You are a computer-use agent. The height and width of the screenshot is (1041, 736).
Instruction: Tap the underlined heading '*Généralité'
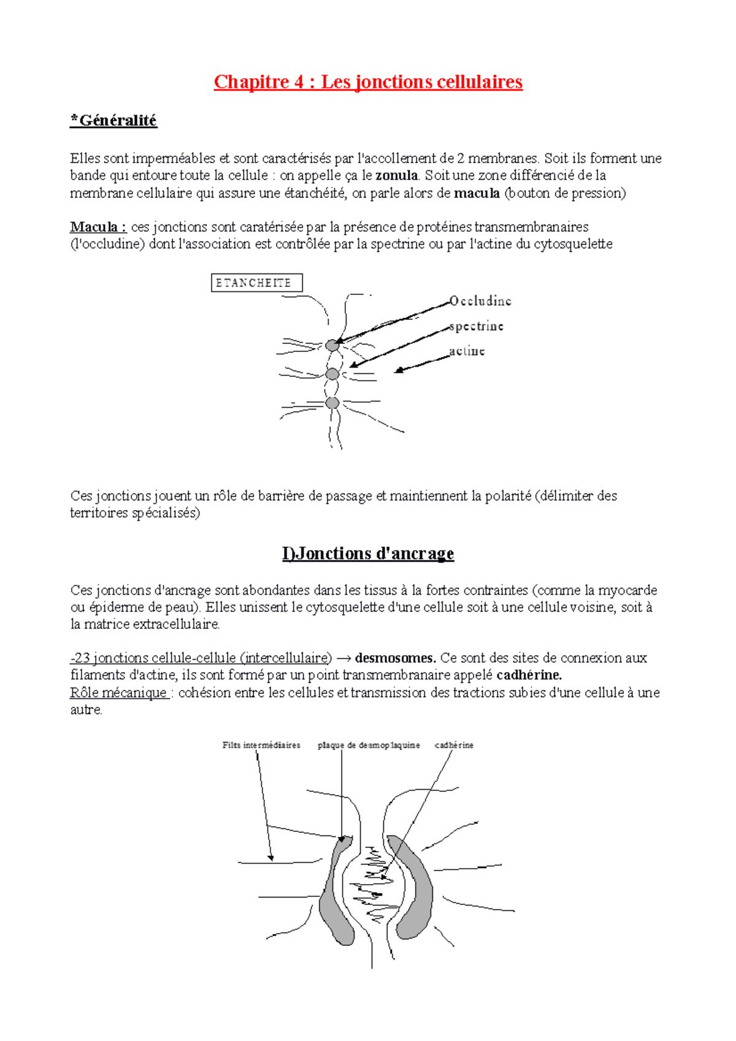113,121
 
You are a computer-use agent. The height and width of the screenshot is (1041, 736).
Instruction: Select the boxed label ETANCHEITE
256,283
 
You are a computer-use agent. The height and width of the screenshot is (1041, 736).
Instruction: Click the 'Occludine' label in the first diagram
480,301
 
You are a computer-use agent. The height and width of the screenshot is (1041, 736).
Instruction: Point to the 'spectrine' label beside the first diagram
476,326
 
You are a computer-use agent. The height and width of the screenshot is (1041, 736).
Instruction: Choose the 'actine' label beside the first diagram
467,351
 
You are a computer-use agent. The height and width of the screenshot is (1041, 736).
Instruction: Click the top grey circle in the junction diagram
332,345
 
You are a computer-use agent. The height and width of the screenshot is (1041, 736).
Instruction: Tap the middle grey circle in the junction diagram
332,374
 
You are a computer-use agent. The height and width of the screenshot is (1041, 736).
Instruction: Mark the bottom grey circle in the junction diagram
332,403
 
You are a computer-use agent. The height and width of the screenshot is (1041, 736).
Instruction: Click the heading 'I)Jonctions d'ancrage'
368,554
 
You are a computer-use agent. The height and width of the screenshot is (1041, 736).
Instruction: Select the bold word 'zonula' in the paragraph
397,176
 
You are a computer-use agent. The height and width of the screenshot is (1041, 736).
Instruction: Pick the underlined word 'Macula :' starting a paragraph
98,227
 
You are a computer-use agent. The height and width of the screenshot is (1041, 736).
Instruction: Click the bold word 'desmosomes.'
396,658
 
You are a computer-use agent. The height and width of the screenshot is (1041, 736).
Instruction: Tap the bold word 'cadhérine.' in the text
529,676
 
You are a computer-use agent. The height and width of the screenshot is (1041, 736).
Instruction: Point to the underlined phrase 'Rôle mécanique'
119,693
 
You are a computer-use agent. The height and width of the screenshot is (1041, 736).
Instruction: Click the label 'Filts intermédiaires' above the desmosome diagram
261,745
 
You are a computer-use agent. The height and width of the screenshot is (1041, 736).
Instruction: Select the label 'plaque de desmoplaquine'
369,745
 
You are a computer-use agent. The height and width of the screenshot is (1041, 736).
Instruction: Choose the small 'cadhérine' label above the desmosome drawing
454,745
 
